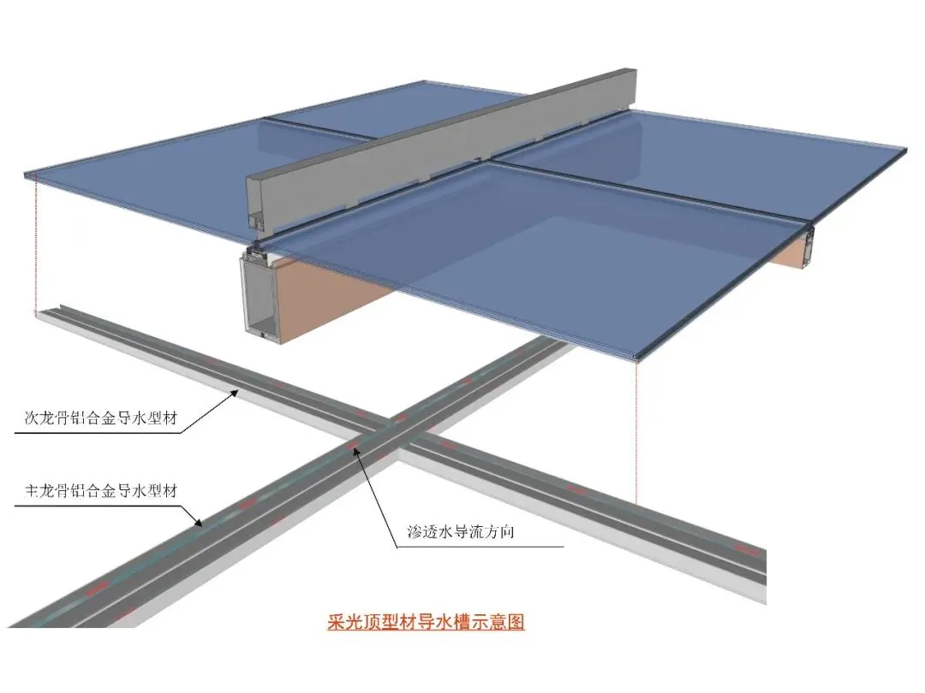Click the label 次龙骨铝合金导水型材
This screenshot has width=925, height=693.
[101, 420]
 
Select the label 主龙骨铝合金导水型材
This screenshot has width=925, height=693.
[101, 491]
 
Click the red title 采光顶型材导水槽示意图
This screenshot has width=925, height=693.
[426, 621]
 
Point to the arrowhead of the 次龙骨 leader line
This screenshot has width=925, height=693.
[239, 393]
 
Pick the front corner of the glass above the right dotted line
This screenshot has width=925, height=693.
[638, 354]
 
